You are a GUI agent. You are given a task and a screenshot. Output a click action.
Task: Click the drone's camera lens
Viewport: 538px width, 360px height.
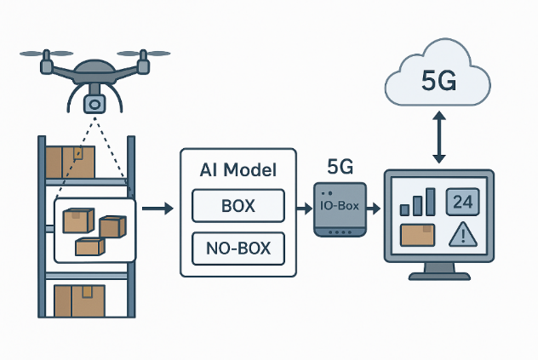pos(94,104)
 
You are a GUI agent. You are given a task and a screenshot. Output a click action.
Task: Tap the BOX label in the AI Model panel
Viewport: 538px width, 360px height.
pos(238,207)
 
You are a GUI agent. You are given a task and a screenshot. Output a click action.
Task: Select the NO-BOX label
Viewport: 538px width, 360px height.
pos(238,248)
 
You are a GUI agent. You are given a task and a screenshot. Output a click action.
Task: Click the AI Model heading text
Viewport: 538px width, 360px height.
pos(238,170)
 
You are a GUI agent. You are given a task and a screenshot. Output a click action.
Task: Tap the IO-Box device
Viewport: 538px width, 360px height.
pos(341,209)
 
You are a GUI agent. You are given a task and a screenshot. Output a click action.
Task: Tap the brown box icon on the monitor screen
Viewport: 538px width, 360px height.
pos(418,234)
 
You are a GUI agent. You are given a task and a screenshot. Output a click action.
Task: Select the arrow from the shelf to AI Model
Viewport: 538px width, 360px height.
pos(157,208)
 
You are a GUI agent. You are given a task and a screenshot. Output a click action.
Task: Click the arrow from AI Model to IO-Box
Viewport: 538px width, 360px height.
pos(304,208)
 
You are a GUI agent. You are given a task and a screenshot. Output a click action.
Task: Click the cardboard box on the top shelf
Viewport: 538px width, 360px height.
pos(71,160)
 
